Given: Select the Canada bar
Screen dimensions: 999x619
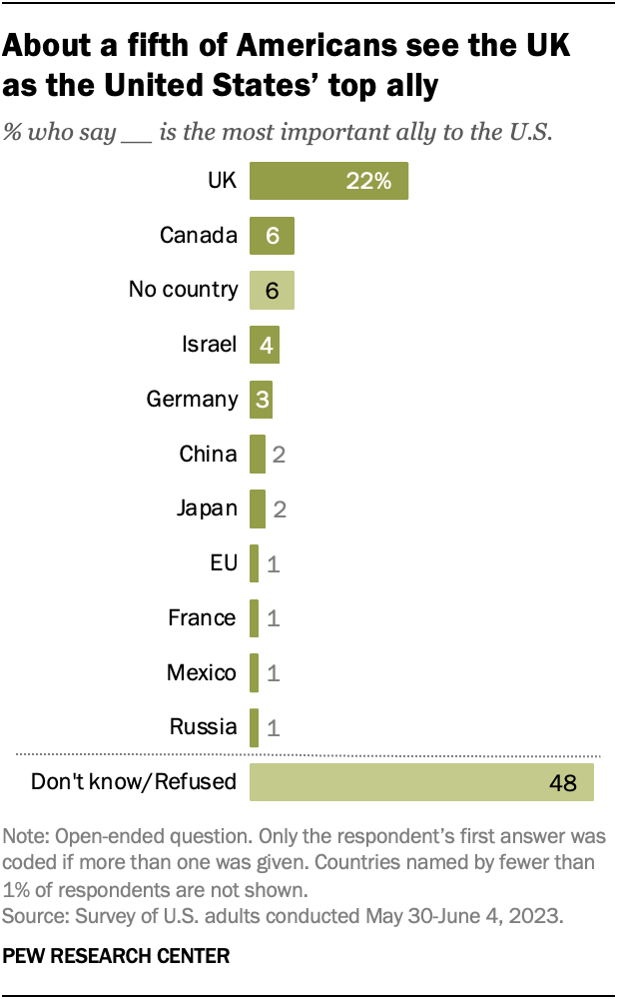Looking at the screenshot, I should point(272,236).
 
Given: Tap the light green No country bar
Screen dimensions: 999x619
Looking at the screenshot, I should point(272,291).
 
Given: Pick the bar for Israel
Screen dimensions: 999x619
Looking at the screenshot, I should point(265,346).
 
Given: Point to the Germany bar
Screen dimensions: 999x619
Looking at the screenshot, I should point(261,400).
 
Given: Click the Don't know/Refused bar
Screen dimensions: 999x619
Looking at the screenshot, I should point(421,781).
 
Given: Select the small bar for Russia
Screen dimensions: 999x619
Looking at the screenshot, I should point(255,727).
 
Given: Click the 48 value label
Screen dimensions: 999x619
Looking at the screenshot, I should point(563,782).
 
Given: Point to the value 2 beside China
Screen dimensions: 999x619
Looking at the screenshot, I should point(280,455).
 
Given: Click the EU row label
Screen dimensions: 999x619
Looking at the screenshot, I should point(223,563).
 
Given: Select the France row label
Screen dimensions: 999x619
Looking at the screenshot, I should point(203,617).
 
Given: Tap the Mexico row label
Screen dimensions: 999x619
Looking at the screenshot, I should point(202,672).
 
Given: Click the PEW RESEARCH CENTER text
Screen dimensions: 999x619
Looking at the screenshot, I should point(117,956).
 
